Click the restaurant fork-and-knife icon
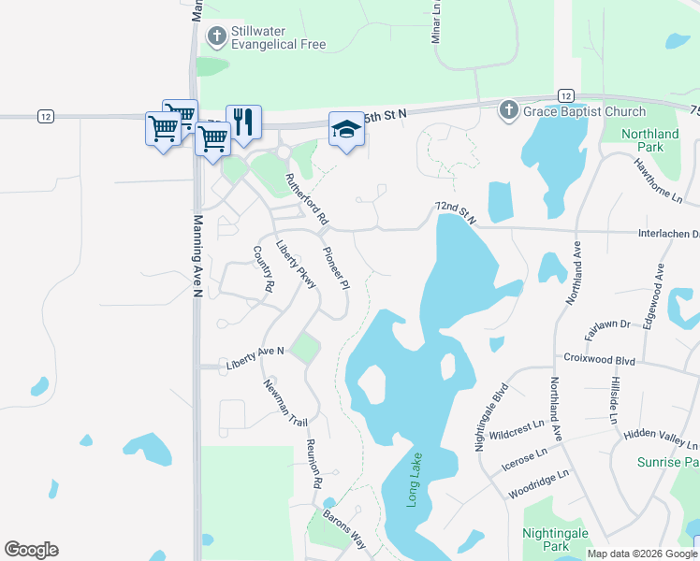243,122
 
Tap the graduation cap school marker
345,129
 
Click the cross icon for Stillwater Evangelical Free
216,37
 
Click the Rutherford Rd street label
309,200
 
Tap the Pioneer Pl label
334,267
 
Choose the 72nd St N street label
456,212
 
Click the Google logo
31,550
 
